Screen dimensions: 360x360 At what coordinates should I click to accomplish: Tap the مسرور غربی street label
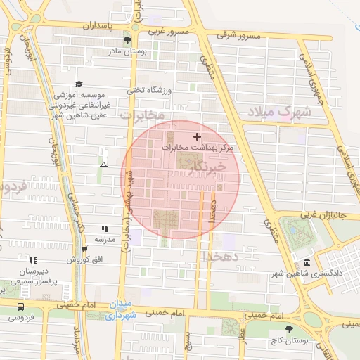tap(167, 32)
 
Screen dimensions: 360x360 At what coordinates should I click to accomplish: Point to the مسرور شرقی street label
tap(238, 34)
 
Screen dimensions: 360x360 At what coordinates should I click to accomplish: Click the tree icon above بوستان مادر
tap(127, 40)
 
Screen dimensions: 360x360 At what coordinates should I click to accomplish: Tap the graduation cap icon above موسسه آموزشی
tap(78, 84)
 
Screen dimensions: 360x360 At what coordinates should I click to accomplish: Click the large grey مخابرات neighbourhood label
tap(141, 114)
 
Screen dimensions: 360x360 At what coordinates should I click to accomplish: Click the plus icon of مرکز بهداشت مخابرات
tap(196, 136)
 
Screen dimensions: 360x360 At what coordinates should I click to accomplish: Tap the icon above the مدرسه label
tap(105, 229)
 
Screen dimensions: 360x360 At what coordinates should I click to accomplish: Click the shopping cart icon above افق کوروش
tap(84, 249)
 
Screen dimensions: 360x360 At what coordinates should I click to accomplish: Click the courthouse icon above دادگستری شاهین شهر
tap(306, 262)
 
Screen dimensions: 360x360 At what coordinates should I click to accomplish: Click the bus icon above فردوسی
tap(20, 307)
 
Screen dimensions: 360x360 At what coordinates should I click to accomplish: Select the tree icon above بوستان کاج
tap(288, 329)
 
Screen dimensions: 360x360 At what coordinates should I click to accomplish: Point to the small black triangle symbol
tap(104, 165)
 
